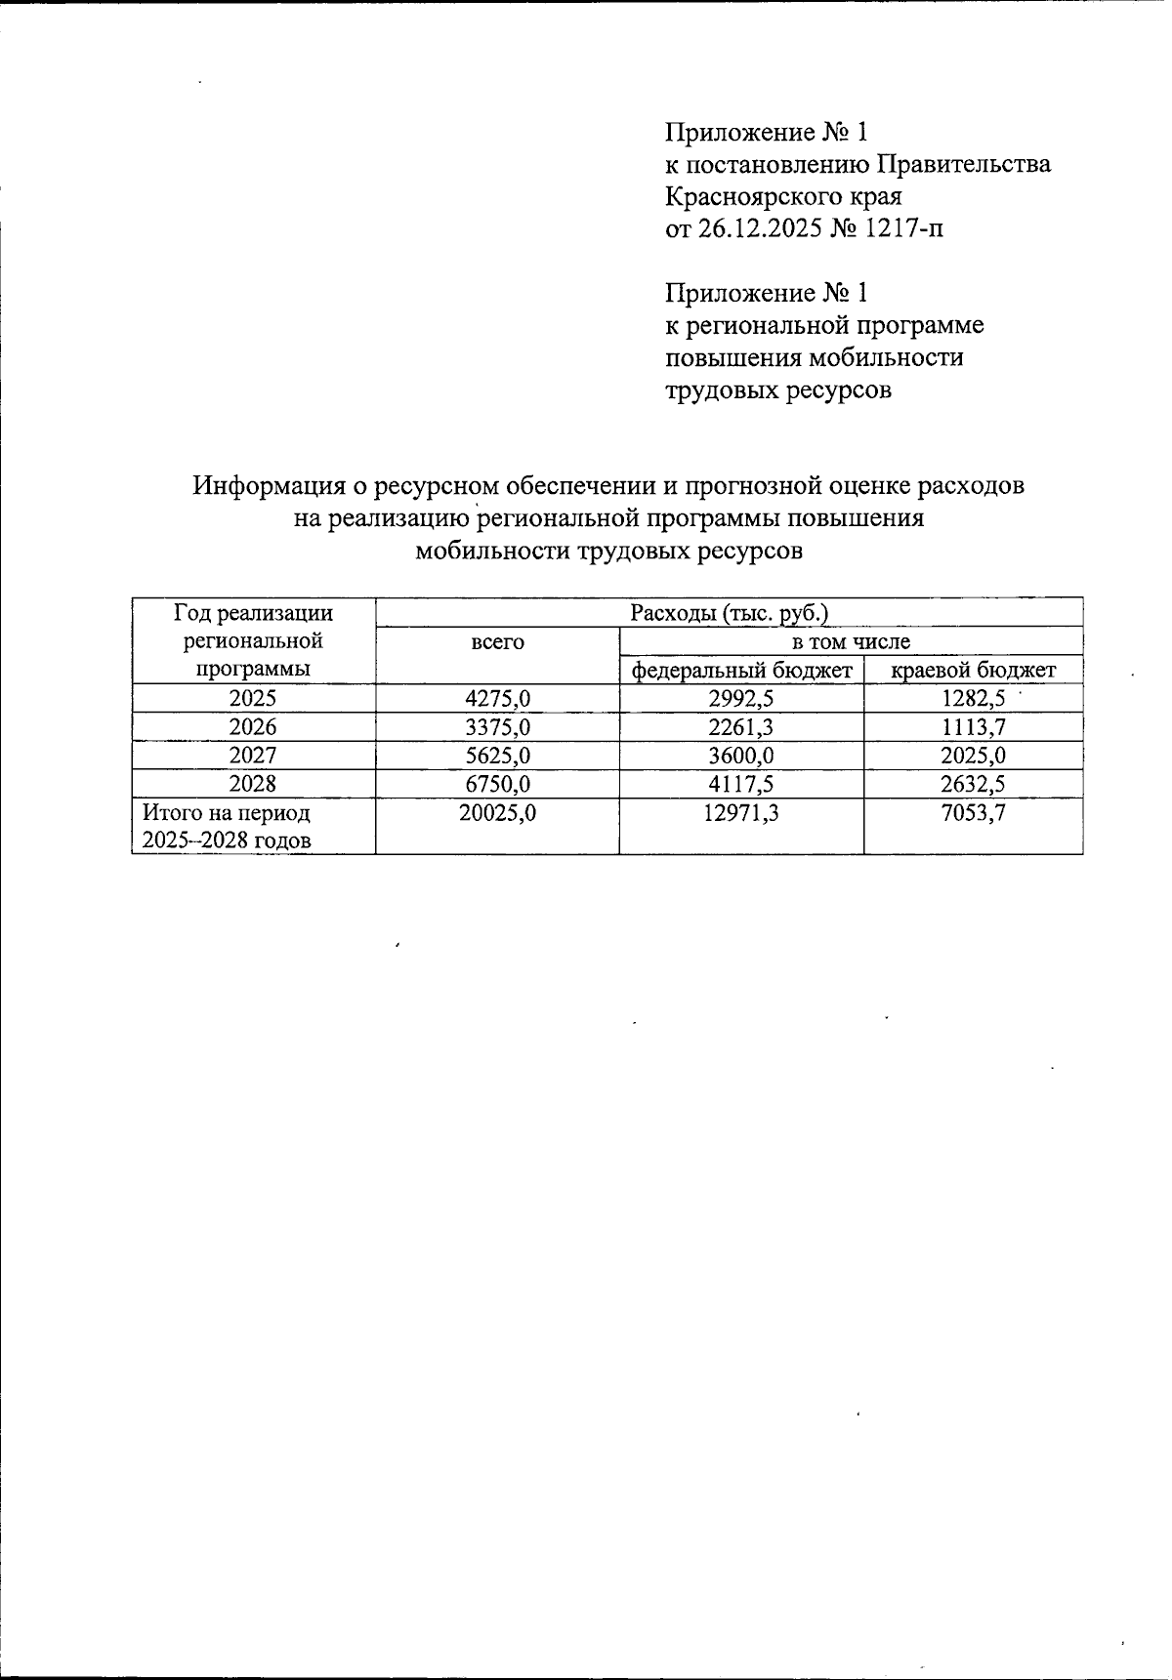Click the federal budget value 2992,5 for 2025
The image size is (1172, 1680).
740,698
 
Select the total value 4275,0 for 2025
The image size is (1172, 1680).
497,698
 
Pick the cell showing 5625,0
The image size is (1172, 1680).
497,756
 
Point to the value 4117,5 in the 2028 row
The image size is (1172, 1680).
740,784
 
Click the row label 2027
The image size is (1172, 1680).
253,756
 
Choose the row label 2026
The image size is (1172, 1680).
253,727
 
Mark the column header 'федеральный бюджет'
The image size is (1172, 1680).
741,671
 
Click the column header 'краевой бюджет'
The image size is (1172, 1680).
974,671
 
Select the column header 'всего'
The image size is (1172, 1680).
497,642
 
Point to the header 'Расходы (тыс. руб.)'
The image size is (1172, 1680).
729,613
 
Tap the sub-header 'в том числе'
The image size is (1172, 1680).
851,641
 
